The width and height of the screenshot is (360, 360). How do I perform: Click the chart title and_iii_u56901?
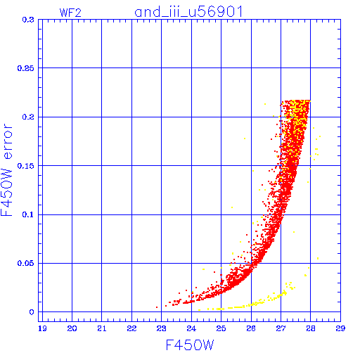[x=188, y=12]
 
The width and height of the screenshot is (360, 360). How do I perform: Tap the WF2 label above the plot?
[x=70, y=13]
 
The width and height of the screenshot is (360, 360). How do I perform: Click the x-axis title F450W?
[x=190, y=345]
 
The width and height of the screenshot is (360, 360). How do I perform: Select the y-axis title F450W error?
[x=6, y=170]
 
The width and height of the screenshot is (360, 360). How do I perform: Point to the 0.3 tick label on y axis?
[x=28, y=20]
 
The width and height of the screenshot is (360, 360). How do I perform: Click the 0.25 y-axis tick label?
[x=26, y=68]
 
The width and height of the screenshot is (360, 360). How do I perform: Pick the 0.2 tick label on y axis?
[x=28, y=117]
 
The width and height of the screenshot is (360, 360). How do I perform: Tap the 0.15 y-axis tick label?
[x=26, y=166]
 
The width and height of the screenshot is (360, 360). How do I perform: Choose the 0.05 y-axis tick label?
[x=26, y=263]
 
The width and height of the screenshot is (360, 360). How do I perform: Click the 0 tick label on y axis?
[x=32, y=312]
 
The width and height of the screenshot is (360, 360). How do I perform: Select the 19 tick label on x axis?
[x=42, y=328]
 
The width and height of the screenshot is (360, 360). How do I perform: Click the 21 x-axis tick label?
[x=102, y=328]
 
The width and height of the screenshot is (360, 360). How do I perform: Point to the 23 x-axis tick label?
[x=162, y=328]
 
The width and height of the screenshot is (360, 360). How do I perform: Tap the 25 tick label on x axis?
[x=221, y=328]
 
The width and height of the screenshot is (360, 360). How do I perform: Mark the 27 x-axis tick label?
[x=281, y=328]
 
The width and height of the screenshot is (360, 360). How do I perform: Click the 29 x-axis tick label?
[x=340, y=328]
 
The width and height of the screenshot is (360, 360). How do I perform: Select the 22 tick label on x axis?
[x=131, y=328]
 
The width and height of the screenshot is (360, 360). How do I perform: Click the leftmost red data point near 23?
[x=157, y=307]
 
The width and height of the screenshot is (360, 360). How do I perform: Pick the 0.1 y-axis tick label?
[x=28, y=214]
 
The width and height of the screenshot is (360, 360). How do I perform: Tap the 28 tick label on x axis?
[x=311, y=328]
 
